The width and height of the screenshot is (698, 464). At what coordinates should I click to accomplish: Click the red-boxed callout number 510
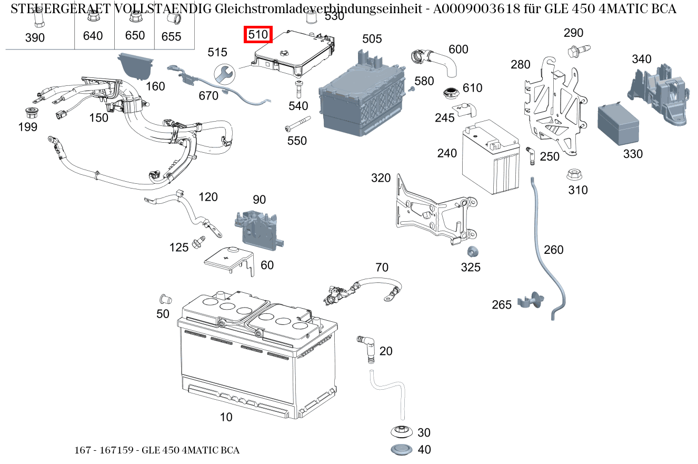pos(258,35)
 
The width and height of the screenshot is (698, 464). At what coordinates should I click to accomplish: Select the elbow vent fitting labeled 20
pos(365,348)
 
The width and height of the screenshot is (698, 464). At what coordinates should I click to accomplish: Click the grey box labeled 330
pos(617,126)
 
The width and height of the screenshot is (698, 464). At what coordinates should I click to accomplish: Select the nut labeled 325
pos(472,252)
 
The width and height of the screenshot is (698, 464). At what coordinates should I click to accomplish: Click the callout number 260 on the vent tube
pos(553,249)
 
